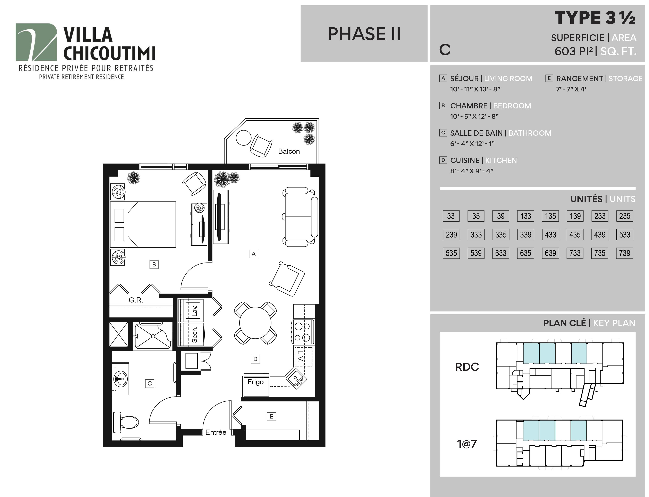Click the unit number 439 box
pyautogui.click(x=600, y=235)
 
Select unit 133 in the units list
pyautogui.click(x=525, y=216)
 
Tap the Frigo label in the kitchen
pyautogui.click(x=255, y=382)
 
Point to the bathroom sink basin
pyautogui.click(x=120, y=379)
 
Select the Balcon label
pyautogui.click(x=289, y=151)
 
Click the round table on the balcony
pyautogui.click(x=244, y=138)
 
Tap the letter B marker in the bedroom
pyautogui.click(x=154, y=264)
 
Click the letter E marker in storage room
pyautogui.click(x=271, y=416)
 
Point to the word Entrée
pyautogui.click(x=216, y=432)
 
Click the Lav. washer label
pyautogui.click(x=194, y=311)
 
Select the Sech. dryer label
pyautogui.click(x=194, y=335)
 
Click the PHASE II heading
pyautogui.click(x=364, y=34)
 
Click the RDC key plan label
pyautogui.click(x=467, y=367)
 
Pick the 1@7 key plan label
pyautogui.click(x=467, y=444)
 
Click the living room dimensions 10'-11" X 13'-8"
pyautogui.click(x=475, y=89)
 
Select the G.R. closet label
pyautogui.click(x=136, y=300)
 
